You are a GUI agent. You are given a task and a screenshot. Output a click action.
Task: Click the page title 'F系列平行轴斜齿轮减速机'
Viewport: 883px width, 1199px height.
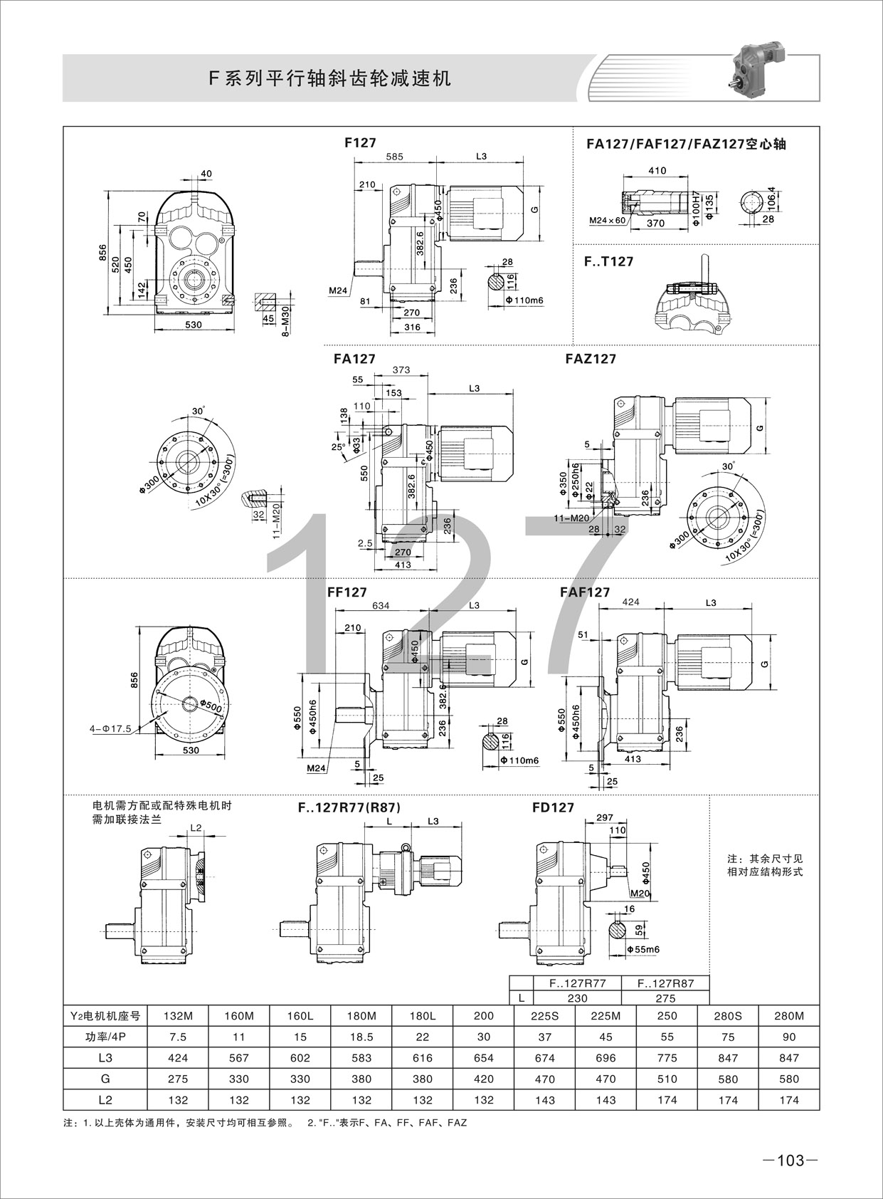coord(330,79)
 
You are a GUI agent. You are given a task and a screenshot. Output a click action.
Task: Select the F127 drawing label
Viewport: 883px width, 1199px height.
coord(361,142)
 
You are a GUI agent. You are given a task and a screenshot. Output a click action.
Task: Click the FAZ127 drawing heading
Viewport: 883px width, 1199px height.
coord(591,359)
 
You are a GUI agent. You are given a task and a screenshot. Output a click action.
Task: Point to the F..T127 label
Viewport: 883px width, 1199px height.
coord(608,261)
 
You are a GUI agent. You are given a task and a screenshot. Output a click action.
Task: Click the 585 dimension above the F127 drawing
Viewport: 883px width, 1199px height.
coord(394,157)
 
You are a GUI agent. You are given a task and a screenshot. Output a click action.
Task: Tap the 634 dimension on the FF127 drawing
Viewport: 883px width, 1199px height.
coord(381,605)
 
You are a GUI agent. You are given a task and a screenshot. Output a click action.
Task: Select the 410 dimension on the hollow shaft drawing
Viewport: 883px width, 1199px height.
coord(657,171)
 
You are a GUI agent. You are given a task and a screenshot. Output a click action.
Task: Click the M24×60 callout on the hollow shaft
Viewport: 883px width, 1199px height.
coord(607,220)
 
